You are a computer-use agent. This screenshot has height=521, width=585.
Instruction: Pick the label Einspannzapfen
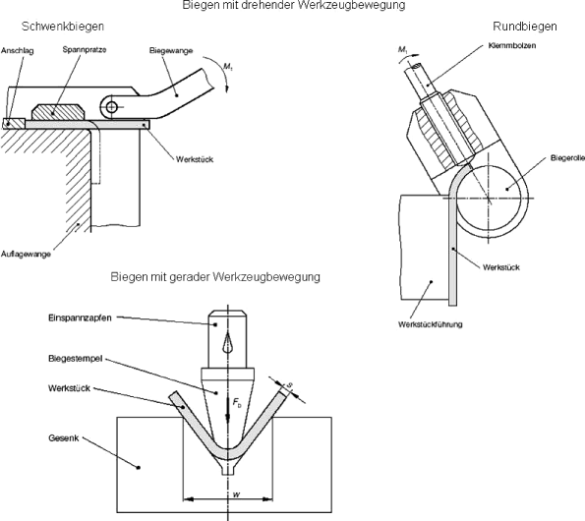(x=77, y=318)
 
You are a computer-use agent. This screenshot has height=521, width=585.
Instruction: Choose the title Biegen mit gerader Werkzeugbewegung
(x=214, y=278)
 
